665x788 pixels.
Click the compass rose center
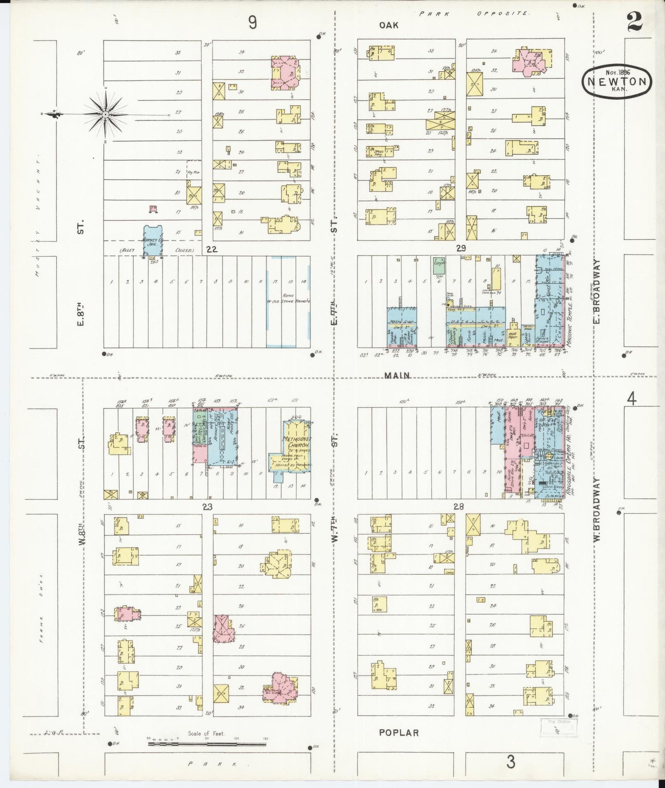coord(105,114)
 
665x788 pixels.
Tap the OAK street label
coord(388,25)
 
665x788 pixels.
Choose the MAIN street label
coord(397,376)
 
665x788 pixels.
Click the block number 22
coord(211,249)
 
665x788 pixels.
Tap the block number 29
coord(461,248)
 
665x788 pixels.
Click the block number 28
coord(458,507)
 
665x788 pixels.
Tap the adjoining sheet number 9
coord(252,22)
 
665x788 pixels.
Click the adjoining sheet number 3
coord(510,763)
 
